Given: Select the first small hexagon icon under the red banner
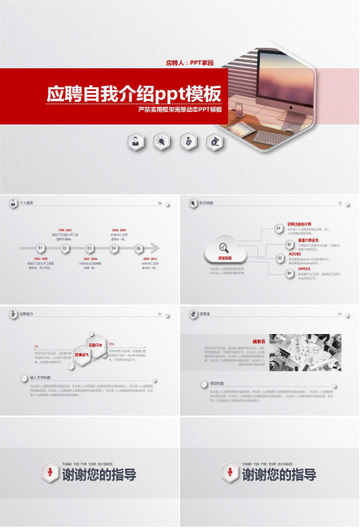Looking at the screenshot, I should [135, 141].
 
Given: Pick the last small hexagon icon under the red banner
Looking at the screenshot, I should [216, 141].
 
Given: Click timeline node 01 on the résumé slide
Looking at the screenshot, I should [40, 248].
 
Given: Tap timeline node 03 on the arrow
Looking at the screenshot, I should [89, 248].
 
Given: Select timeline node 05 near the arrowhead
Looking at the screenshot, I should [138, 248].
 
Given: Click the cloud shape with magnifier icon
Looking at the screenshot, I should [224, 249].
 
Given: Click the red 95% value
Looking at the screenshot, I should [111, 344].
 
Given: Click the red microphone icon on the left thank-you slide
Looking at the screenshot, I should [48, 472].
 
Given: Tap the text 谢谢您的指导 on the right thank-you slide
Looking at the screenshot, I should [279, 475].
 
